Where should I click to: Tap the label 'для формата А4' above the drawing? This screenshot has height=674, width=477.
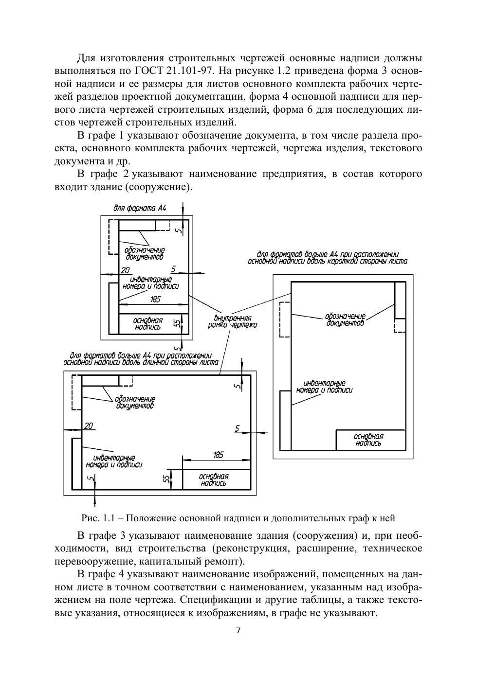pos(140,208)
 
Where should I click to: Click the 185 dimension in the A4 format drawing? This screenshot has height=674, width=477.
pos(155,299)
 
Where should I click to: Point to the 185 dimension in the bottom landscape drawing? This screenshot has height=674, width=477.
pos(218,455)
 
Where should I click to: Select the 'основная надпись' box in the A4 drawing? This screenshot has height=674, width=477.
pos(148,324)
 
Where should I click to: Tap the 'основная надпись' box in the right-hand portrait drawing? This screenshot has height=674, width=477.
pos(368,440)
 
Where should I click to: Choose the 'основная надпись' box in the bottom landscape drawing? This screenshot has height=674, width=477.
pos(214,479)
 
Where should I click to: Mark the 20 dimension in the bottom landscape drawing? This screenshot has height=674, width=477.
pos(88,426)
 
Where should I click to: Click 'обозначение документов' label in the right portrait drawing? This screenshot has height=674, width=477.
pos(345,319)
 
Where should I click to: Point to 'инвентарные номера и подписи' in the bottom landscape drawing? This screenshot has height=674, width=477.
pos(114,461)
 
